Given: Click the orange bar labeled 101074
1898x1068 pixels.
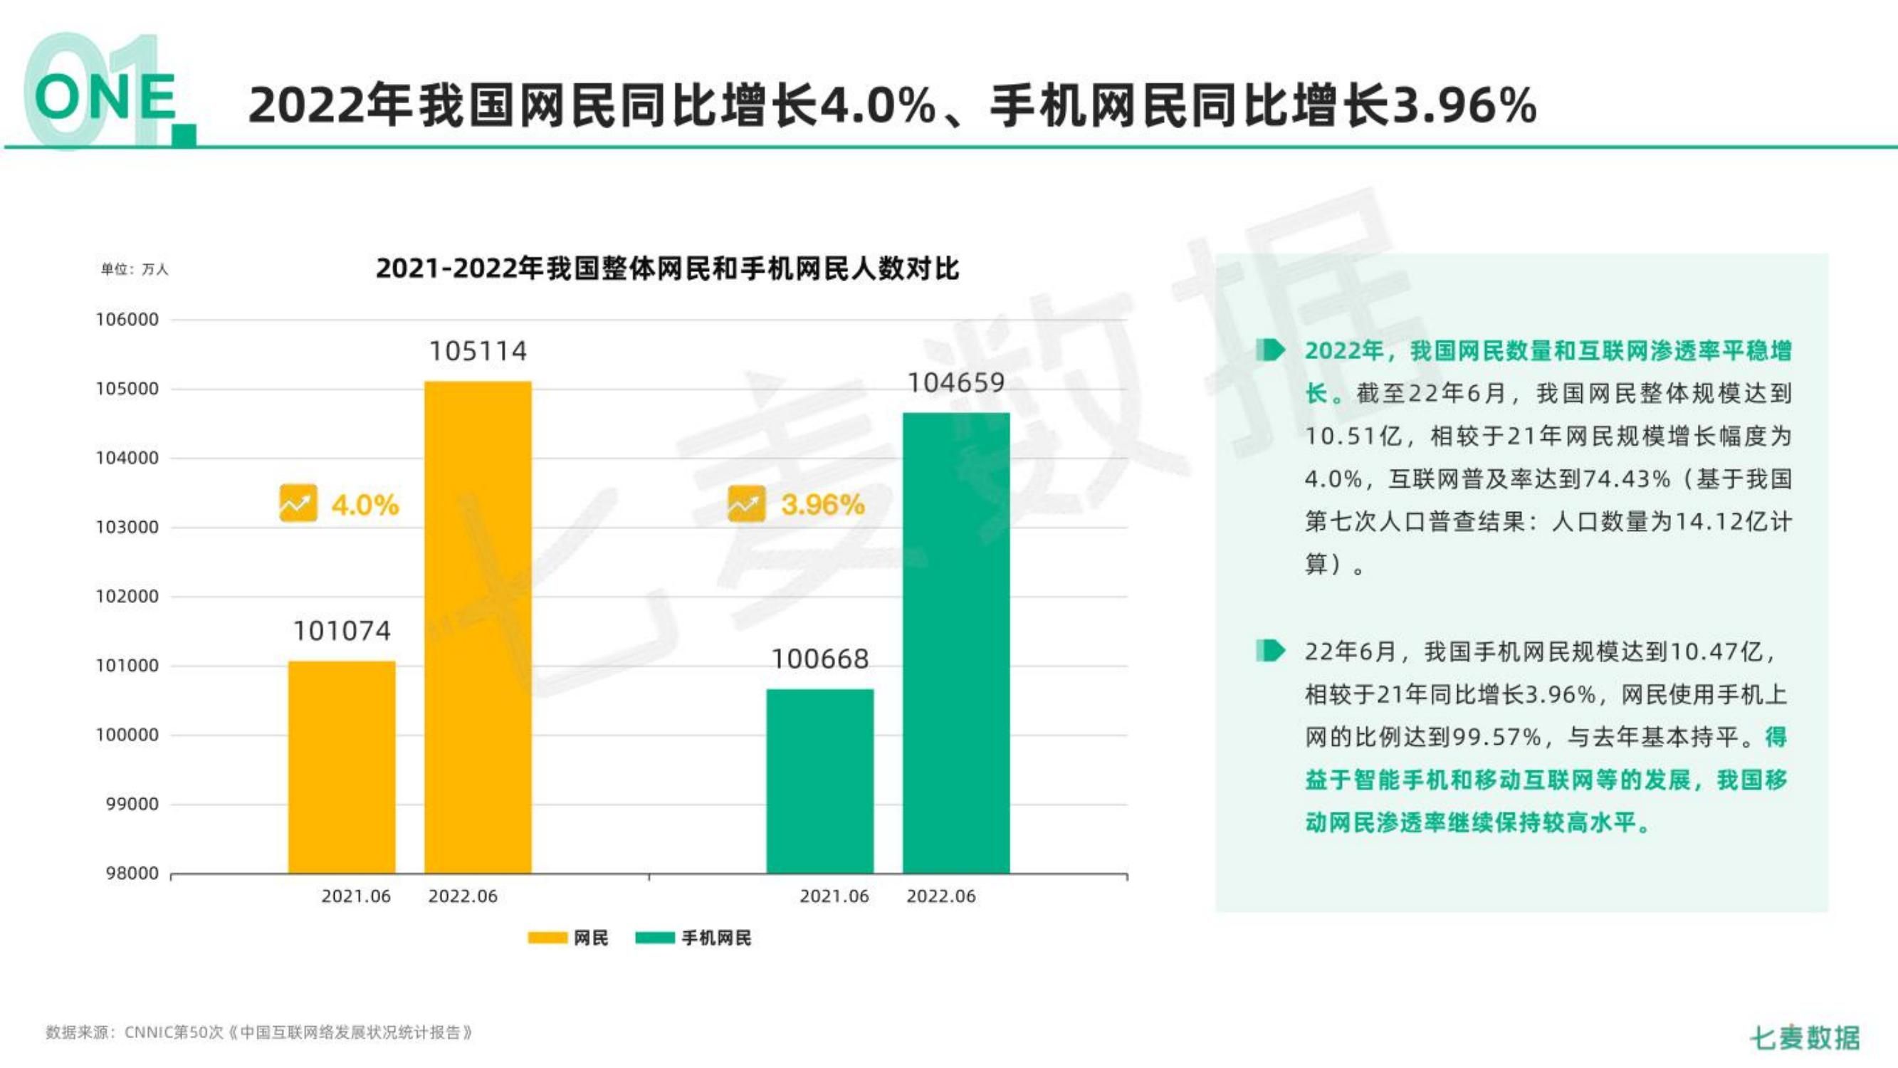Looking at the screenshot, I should [341, 767].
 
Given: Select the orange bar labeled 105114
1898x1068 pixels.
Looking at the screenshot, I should [478, 627].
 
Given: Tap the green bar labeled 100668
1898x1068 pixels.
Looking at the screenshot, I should [819, 781].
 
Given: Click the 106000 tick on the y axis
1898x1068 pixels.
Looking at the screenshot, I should [127, 320].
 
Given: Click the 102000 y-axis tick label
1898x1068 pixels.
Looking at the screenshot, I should [127, 596].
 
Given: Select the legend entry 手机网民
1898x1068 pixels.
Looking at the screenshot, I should [715, 938].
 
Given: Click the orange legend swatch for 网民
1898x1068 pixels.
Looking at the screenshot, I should [547, 938].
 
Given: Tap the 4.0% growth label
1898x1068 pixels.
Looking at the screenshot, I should [365, 506].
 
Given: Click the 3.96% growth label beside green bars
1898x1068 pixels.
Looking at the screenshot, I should [822, 505].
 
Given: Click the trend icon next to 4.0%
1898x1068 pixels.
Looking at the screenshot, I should [298, 503].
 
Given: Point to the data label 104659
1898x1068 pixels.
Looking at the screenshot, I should [955, 382].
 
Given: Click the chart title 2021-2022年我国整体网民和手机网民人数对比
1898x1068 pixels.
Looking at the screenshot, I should [667, 268].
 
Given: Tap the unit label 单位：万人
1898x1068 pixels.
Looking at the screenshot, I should [135, 270].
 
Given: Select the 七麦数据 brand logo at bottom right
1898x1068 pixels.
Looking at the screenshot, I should [1805, 1038].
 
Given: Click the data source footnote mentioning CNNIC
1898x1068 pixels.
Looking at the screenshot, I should [258, 1032].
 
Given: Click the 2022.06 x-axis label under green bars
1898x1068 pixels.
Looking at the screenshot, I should [940, 897].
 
